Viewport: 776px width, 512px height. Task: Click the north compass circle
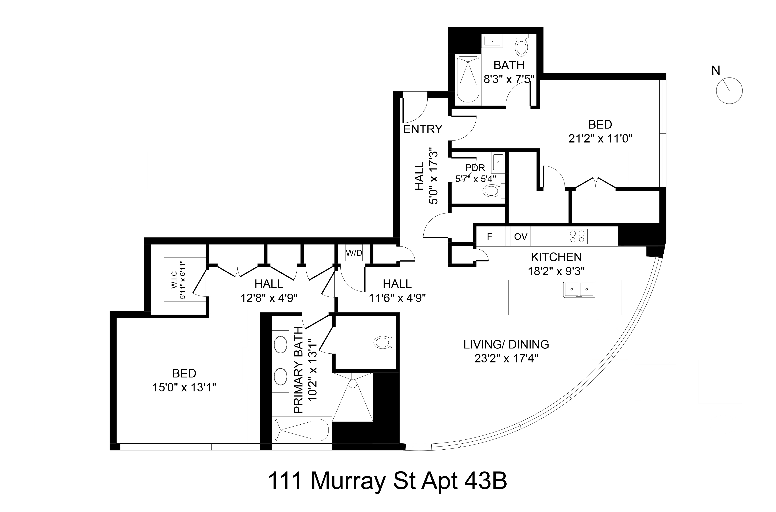pyautogui.click(x=729, y=91)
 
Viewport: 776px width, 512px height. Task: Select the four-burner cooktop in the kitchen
pyautogui.click(x=577, y=236)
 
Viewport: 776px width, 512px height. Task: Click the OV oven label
pyautogui.click(x=521, y=236)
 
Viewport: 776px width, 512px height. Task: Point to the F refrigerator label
pyautogui.click(x=489, y=236)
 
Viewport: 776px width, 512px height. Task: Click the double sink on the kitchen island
pyautogui.click(x=579, y=289)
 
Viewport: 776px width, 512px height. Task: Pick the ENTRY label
pyautogui.click(x=423, y=129)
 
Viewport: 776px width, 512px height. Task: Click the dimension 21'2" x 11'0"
pyautogui.click(x=600, y=139)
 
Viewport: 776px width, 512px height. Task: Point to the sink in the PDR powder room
pyautogui.click(x=498, y=162)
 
